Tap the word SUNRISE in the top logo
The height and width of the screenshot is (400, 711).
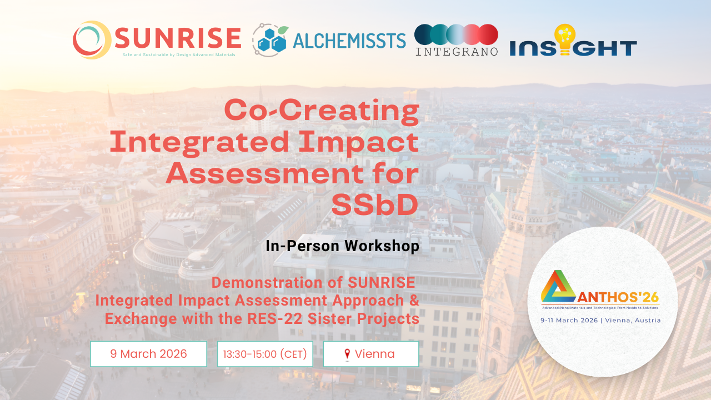point(178,38)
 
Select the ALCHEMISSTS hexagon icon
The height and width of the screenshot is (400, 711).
point(271,40)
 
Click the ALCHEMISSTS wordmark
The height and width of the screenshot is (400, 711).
point(348,41)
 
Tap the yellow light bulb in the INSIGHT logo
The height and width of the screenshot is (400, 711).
point(565,39)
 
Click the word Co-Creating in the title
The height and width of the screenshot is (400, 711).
point(322,110)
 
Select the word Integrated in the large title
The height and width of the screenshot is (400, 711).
point(199,142)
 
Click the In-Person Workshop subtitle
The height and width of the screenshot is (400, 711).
point(342,246)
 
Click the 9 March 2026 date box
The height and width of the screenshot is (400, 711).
point(148,354)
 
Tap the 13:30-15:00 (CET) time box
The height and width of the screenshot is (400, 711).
point(265,354)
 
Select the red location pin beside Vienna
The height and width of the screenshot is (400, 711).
point(347,354)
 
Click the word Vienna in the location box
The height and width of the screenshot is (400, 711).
point(375,354)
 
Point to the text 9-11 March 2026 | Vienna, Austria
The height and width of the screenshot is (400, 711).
point(601,321)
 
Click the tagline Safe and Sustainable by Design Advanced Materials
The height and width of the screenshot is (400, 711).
point(179,55)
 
